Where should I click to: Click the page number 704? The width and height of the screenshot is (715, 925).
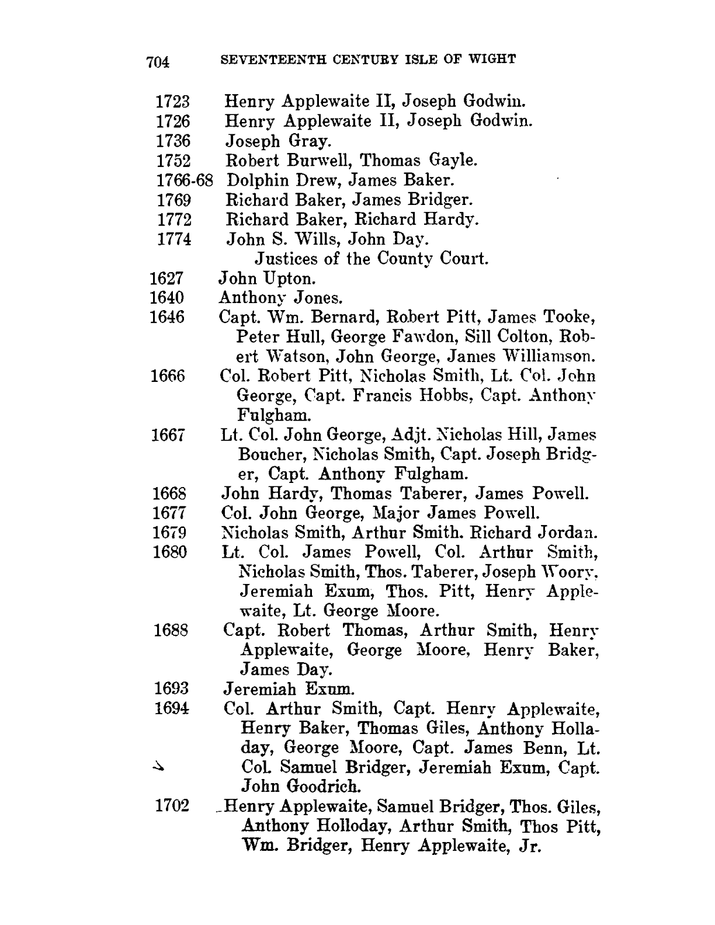click(x=158, y=61)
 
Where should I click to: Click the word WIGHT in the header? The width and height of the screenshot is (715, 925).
click(x=495, y=59)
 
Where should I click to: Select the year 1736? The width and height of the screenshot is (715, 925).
click(x=173, y=141)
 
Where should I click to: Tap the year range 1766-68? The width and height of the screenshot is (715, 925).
click(x=183, y=180)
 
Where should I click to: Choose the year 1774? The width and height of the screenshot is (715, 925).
click(x=174, y=239)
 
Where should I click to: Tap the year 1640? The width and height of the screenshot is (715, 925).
click(x=167, y=298)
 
